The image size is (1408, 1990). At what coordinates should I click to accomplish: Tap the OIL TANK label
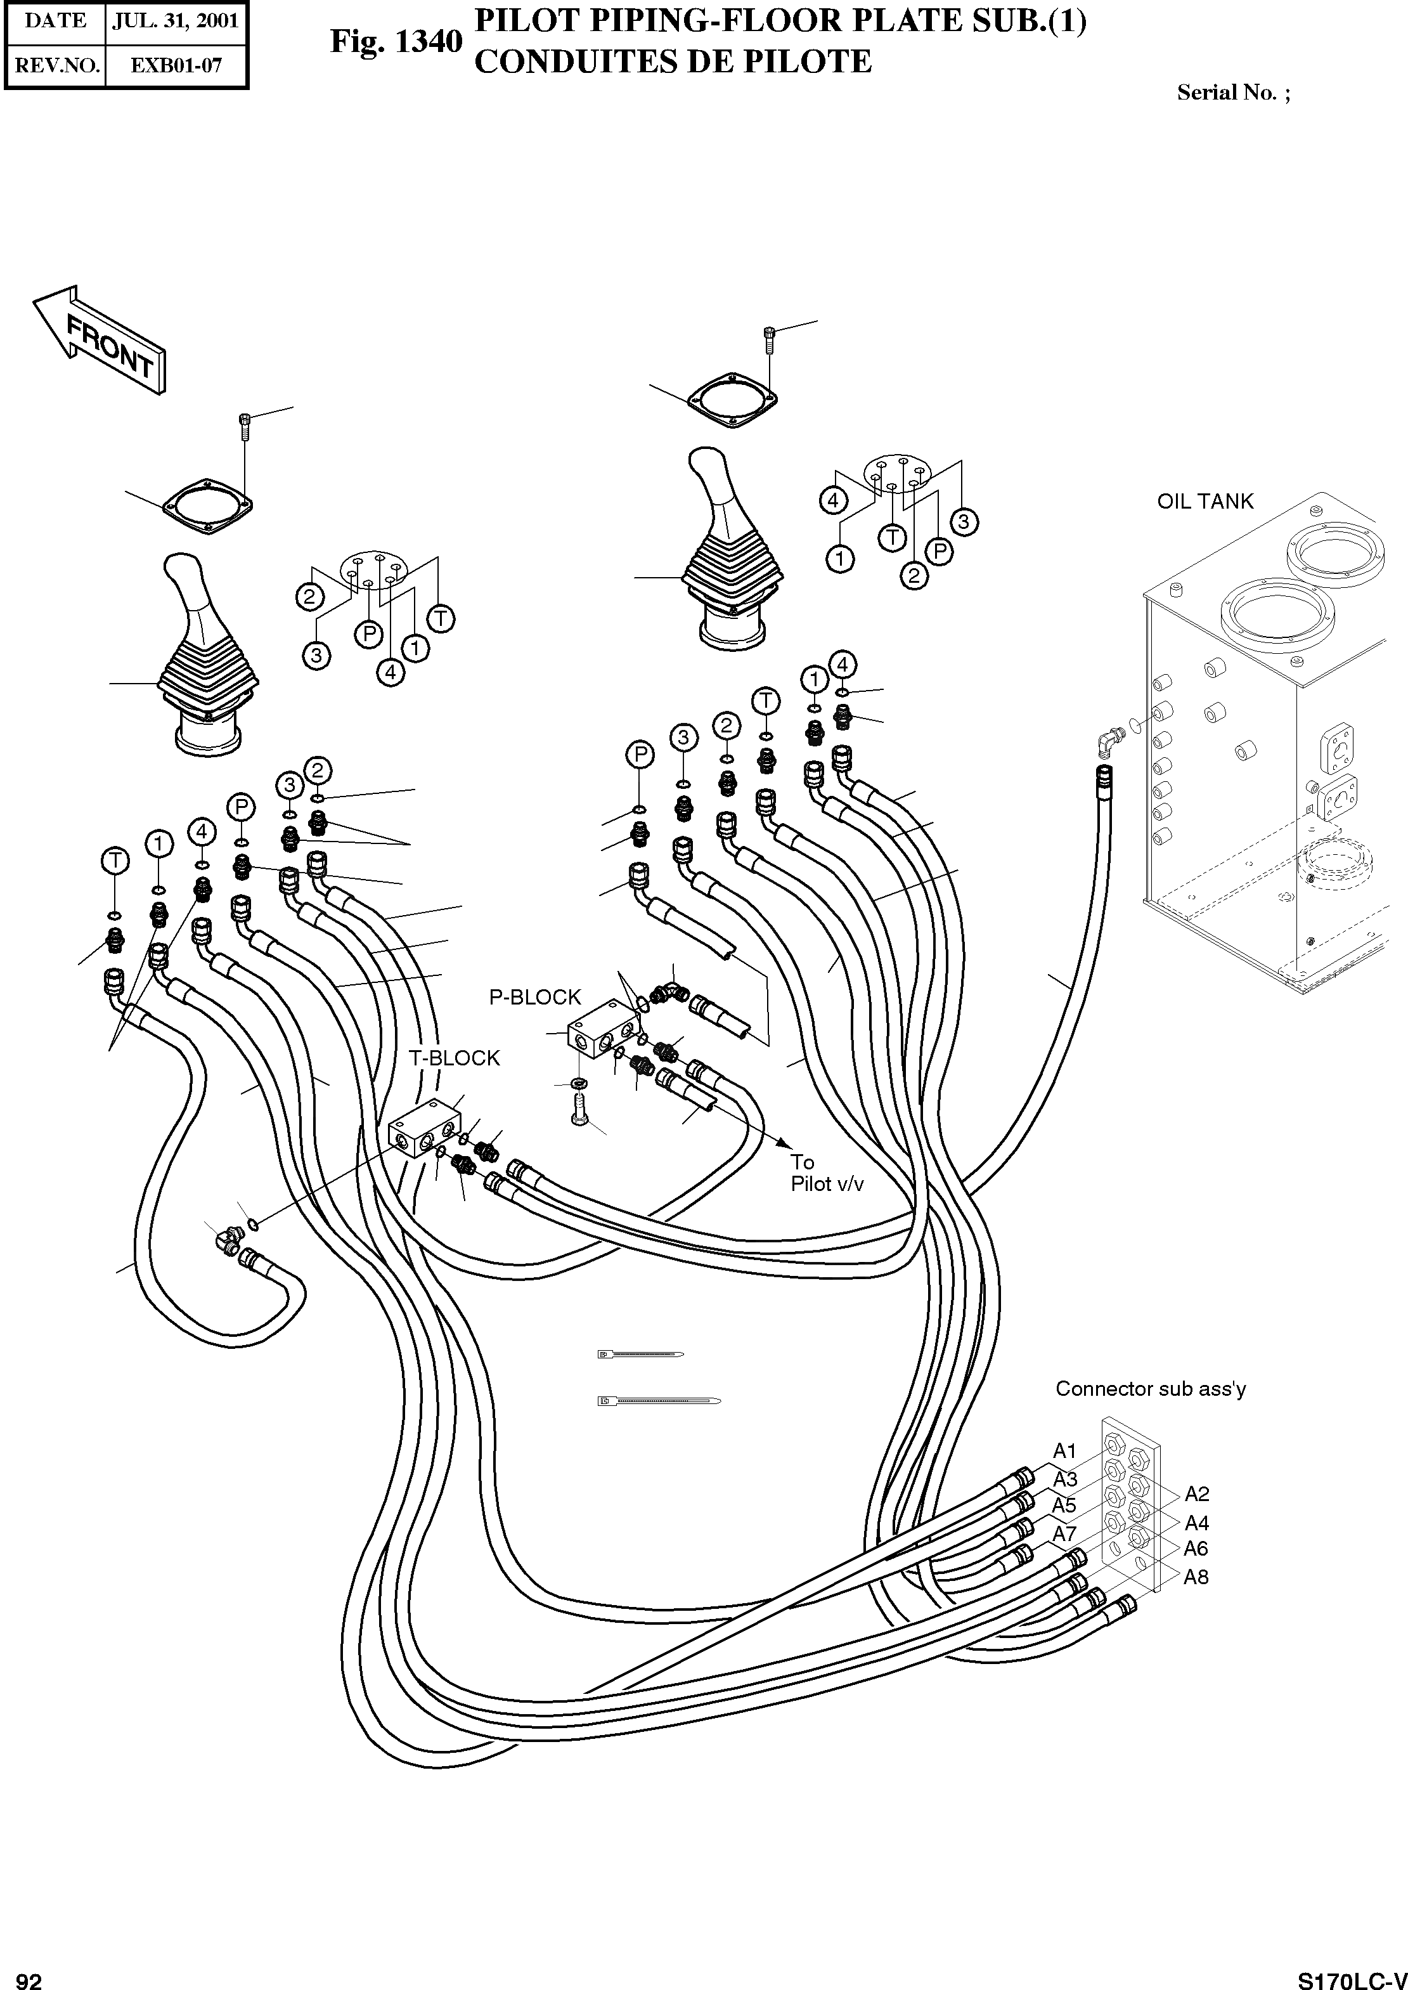1205,501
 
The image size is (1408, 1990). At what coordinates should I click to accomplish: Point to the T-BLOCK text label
455,1058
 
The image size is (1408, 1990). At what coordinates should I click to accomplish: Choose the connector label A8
1196,1577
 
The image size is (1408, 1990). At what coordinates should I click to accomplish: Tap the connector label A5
1064,1506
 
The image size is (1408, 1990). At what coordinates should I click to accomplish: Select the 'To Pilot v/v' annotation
826,1173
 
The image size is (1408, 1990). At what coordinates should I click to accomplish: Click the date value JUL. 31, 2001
176,21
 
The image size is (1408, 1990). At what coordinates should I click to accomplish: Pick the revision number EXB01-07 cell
176,65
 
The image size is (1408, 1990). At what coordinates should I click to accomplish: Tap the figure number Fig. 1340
396,42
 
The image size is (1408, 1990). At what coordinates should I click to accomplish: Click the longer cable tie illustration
659,1400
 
